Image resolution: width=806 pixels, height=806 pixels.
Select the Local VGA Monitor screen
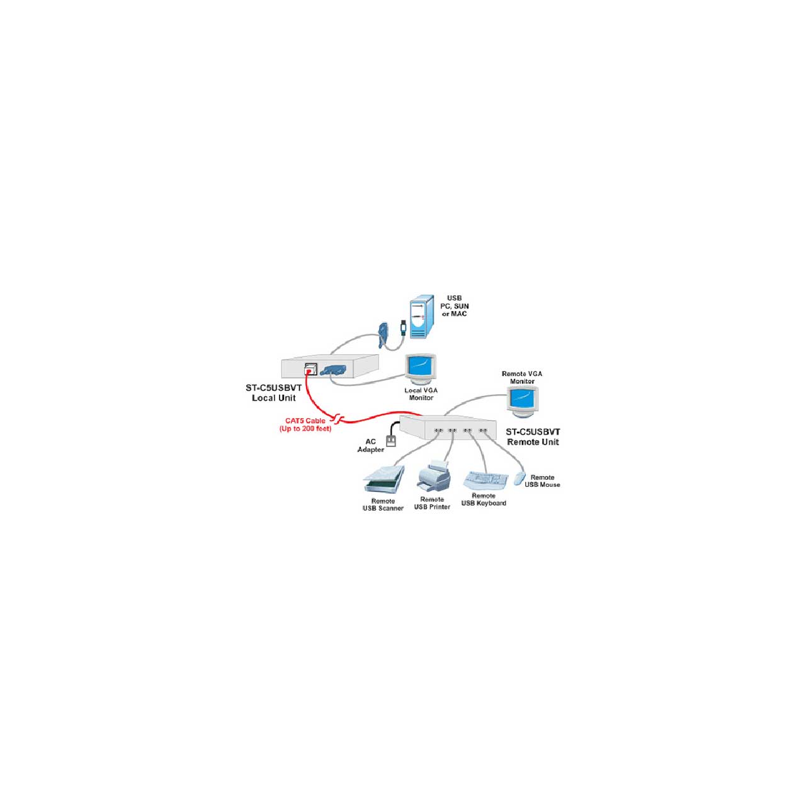point(420,367)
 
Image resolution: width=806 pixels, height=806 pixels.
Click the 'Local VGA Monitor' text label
point(421,394)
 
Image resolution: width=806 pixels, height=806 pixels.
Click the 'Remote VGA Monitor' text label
point(521,377)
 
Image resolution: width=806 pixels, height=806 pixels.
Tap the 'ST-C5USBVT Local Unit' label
point(273,393)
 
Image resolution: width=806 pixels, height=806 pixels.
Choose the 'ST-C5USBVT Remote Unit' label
point(533,436)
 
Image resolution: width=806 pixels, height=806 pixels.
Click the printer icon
point(433,475)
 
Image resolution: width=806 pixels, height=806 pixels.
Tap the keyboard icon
point(485,480)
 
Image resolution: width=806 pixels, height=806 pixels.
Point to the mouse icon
point(520,478)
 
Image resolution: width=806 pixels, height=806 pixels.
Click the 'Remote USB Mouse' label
point(543,480)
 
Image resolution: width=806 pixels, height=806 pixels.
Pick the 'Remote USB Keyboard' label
point(484,499)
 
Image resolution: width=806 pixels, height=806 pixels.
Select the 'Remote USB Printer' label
point(432,503)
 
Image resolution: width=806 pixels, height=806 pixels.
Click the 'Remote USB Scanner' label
point(383,504)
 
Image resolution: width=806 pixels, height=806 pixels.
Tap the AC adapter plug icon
point(390,441)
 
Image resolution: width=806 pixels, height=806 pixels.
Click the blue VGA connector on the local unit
point(333,370)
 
